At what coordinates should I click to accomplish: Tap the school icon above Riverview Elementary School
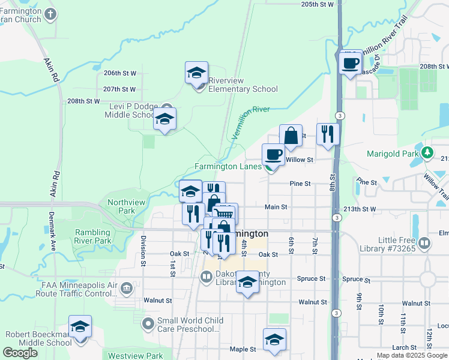pyautogui.click(x=196, y=73)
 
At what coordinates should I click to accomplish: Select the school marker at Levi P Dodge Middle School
pyautogui.click(x=164, y=118)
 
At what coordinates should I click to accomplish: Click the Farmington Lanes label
pyautogui.click(x=228, y=166)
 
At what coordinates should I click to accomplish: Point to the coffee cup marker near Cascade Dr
pyautogui.click(x=351, y=62)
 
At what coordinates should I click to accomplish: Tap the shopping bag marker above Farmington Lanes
pyautogui.click(x=291, y=137)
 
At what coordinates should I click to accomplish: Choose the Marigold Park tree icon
pyautogui.click(x=427, y=152)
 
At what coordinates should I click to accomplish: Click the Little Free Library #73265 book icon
pyautogui.click(x=425, y=243)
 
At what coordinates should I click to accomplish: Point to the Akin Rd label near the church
pyautogui.click(x=50, y=69)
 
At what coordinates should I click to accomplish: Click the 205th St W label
pyautogui.click(x=317, y=4)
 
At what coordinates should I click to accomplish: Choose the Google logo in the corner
pyautogui.click(x=20, y=353)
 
